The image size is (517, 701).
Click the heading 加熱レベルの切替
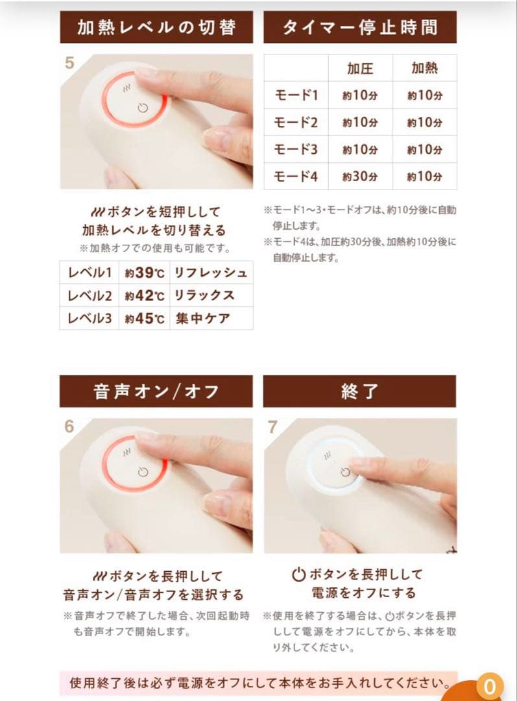coord(156,27)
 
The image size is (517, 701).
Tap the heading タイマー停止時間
coord(360,27)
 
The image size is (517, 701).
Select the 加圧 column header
coord(360,68)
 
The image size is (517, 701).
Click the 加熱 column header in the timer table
coord(425,68)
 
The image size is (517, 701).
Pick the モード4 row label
coord(296,176)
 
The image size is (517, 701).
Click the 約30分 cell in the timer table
coord(360,176)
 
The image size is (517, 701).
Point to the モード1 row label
coord(296,95)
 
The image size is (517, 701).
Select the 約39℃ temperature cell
coord(145,273)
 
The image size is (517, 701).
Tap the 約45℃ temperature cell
coord(145,319)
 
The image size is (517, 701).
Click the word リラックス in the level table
coord(204,296)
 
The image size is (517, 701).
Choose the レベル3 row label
coord(90,319)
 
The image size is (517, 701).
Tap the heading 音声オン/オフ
coord(156,391)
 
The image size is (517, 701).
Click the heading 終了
coord(360,391)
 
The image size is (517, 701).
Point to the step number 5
coord(70,64)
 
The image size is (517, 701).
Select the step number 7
coord(273,428)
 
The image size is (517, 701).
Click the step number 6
coord(69,427)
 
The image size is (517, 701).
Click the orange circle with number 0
coord(490,686)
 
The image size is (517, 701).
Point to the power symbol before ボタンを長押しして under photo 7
coord(298,574)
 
